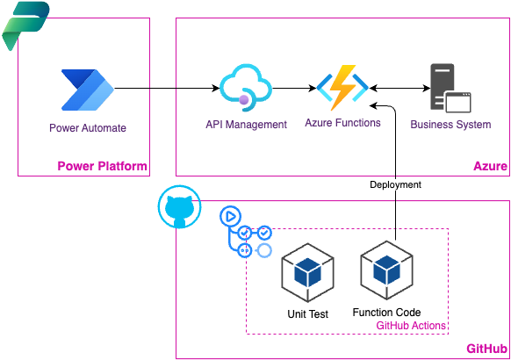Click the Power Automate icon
(x=87, y=90)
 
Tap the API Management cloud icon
(x=246, y=88)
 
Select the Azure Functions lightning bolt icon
(x=342, y=87)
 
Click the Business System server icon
(x=450, y=88)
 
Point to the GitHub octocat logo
(x=179, y=207)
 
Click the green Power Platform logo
(x=25, y=26)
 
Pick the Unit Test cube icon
(x=307, y=272)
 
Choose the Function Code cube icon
(x=386, y=270)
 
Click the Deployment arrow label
(x=395, y=184)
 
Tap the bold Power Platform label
(x=102, y=166)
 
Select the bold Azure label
(x=490, y=166)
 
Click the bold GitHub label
(x=487, y=349)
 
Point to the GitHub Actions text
(x=411, y=326)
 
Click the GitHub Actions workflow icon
(x=246, y=232)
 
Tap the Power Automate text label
(x=88, y=128)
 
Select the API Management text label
(x=246, y=125)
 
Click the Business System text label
(x=450, y=125)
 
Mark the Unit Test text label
(x=307, y=314)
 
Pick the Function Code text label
(x=386, y=313)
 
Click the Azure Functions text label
(x=342, y=123)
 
